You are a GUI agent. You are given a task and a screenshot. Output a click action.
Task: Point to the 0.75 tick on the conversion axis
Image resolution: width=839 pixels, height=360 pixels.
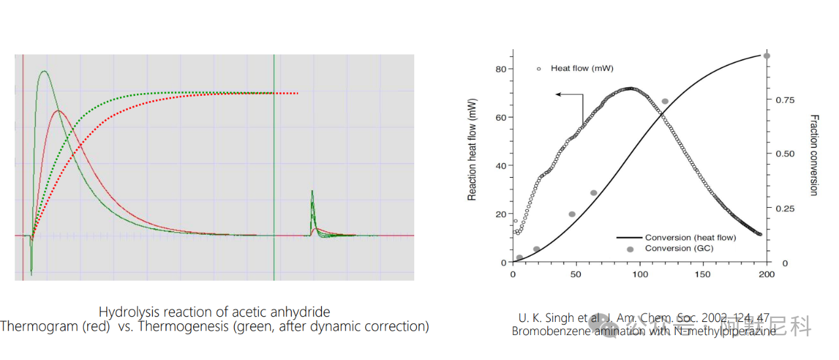click(783, 100)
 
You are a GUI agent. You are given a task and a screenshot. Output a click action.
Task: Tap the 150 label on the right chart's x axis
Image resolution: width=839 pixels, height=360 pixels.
click(703, 274)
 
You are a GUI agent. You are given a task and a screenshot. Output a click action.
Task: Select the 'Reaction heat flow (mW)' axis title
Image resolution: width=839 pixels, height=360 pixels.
click(472, 150)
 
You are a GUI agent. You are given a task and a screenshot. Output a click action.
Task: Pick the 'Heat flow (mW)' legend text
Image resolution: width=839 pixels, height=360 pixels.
click(582, 68)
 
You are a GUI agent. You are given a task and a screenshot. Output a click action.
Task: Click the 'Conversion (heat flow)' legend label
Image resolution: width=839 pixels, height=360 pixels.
click(690, 237)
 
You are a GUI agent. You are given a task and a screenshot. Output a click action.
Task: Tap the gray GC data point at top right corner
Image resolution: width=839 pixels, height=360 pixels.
click(767, 56)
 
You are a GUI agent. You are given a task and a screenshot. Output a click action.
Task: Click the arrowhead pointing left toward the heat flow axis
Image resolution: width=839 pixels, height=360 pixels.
click(558, 94)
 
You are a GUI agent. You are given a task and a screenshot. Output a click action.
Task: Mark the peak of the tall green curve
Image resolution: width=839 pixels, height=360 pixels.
click(44, 71)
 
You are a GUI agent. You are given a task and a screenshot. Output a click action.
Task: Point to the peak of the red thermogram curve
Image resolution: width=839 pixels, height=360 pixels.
click(59, 111)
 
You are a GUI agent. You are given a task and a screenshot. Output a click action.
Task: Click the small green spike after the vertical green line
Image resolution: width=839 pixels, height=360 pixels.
click(312, 191)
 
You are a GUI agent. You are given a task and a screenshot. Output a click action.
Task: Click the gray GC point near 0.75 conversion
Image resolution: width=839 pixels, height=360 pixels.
click(665, 102)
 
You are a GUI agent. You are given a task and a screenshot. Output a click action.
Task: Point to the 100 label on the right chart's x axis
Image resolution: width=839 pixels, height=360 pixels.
click(639, 274)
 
